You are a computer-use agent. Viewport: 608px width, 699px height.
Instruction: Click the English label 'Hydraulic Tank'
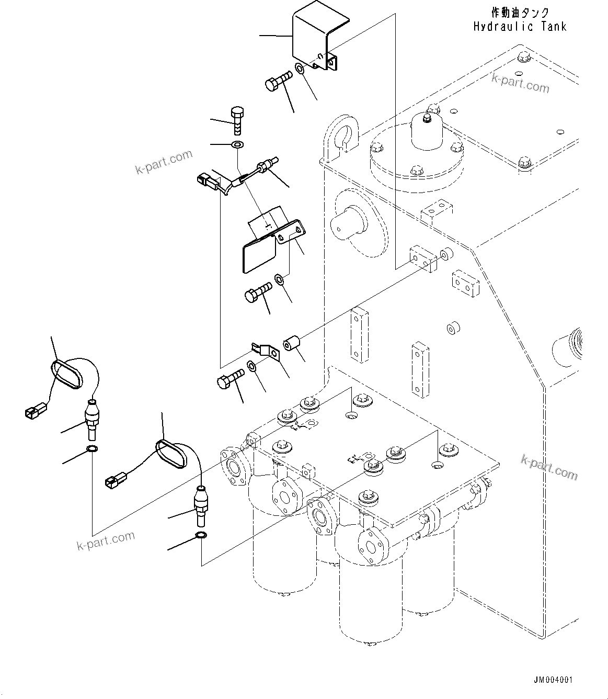[x=520, y=27]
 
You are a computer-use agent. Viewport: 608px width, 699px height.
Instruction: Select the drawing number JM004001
[x=553, y=680]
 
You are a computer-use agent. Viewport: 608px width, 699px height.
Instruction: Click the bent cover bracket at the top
[x=314, y=42]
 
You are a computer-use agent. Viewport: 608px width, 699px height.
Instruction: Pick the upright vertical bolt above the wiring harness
[x=237, y=120]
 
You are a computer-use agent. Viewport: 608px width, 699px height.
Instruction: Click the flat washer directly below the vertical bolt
[x=238, y=144]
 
